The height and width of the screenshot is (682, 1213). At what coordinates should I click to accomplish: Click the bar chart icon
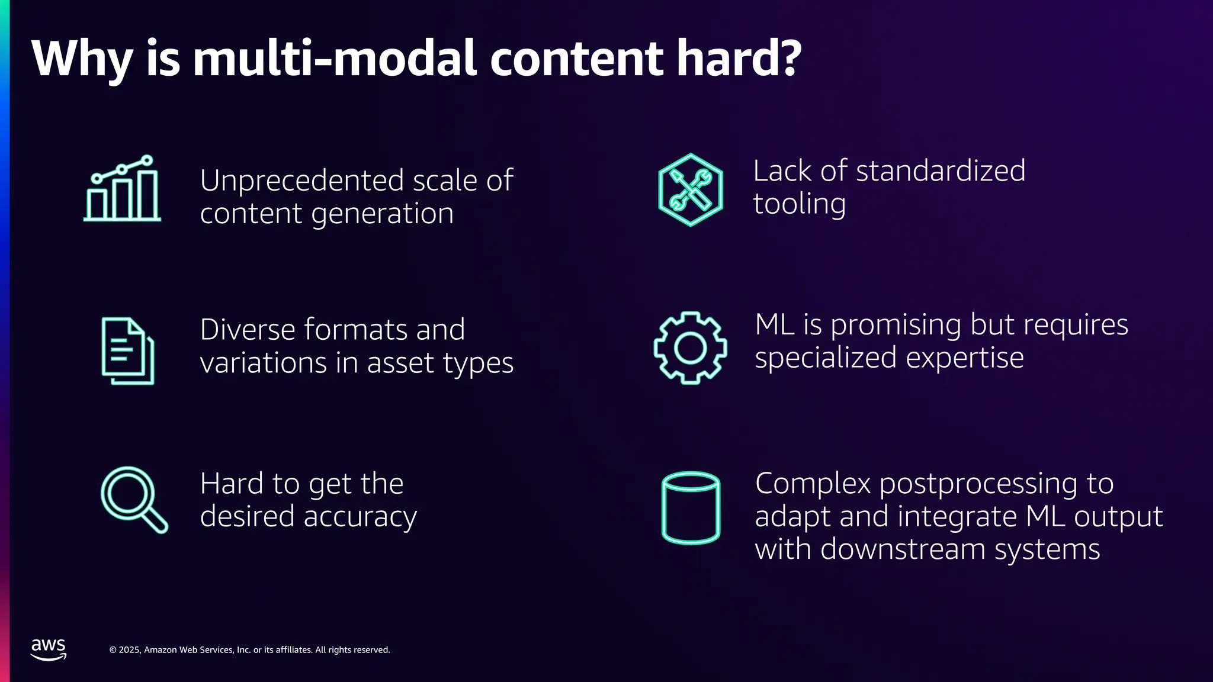tap(122, 189)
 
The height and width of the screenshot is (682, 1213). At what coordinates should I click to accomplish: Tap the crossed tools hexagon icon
tap(691, 190)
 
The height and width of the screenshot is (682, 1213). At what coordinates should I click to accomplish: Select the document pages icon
tap(127, 351)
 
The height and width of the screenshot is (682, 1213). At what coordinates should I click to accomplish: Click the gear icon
tap(690, 348)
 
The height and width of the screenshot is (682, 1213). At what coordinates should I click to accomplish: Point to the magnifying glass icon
tap(133, 499)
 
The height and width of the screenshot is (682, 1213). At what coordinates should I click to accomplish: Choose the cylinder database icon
tap(691, 507)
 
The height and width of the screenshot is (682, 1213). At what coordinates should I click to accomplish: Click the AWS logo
tap(49, 649)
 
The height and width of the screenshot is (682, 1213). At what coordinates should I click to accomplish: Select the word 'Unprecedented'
tap(302, 181)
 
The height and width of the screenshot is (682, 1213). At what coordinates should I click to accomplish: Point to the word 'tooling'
tap(799, 204)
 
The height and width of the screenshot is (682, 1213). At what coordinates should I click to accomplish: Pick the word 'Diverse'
tap(247, 330)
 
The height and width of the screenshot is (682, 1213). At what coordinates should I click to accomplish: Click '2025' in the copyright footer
tap(130, 650)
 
